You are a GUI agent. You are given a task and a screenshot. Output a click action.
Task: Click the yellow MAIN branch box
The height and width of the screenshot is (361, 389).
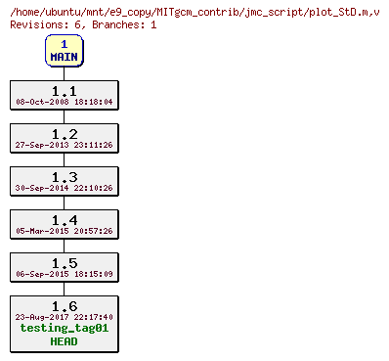point(64,51)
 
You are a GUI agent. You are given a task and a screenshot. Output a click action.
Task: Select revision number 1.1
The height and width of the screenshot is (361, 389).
point(65,91)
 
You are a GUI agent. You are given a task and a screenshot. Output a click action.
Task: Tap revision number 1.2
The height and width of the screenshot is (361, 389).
point(65,134)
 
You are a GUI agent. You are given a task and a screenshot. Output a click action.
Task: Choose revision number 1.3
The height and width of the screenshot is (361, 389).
point(65,177)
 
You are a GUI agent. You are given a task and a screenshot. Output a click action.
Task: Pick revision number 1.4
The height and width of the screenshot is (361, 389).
point(65,220)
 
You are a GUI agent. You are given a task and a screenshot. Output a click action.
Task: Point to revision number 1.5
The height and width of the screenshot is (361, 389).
point(65,263)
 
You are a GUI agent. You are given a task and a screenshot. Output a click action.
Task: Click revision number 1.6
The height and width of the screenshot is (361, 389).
point(65,306)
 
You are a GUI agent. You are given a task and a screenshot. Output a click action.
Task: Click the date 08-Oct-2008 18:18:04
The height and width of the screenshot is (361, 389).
point(65,102)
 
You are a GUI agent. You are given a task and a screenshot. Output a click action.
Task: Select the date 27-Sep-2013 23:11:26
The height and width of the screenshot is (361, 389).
point(65,145)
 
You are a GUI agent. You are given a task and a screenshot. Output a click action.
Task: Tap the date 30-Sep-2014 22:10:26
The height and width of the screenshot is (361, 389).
point(65,188)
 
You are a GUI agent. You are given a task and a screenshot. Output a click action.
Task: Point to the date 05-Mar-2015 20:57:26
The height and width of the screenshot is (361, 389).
point(65,231)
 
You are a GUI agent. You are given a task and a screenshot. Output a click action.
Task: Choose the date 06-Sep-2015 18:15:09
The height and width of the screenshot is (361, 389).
point(65,274)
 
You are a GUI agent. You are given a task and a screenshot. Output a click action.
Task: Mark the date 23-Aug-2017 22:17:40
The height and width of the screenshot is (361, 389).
point(65,317)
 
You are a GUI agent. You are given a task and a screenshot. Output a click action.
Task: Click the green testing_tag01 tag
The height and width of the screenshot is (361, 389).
point(65,329)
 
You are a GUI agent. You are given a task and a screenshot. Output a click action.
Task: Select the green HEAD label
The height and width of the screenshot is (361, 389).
point(65,341)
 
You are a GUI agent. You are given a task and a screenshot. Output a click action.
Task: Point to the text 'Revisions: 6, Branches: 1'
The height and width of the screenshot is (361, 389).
point(83,23)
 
